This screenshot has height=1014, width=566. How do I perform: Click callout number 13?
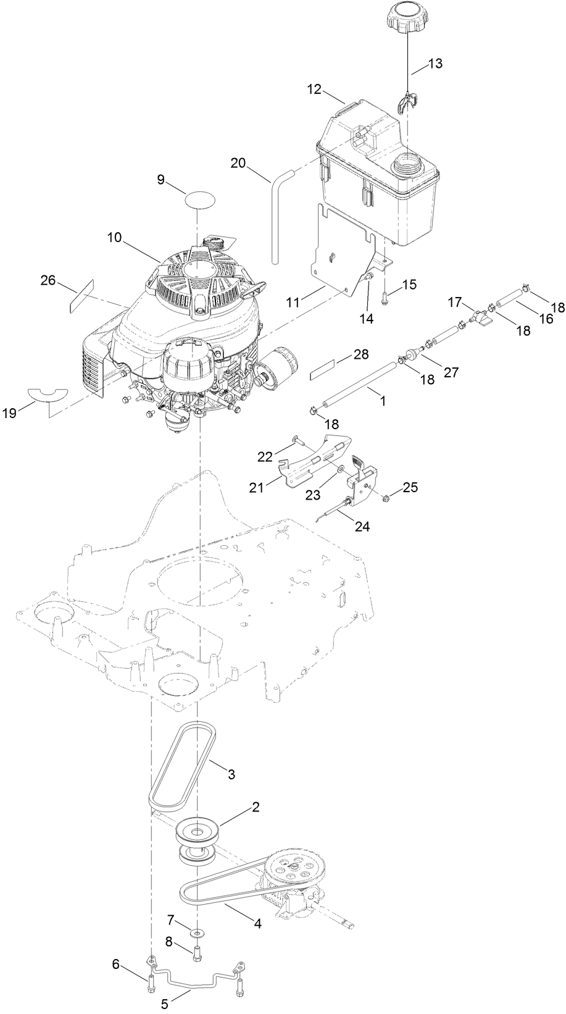coord(435,64)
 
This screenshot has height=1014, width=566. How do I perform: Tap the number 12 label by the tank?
coord(315,89)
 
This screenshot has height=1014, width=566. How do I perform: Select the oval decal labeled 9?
coord(201,199)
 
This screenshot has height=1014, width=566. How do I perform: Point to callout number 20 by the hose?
coord(238,164)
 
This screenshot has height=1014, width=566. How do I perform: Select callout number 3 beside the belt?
coord(231,774)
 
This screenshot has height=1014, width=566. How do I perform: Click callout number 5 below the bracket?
coord(164,1004)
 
